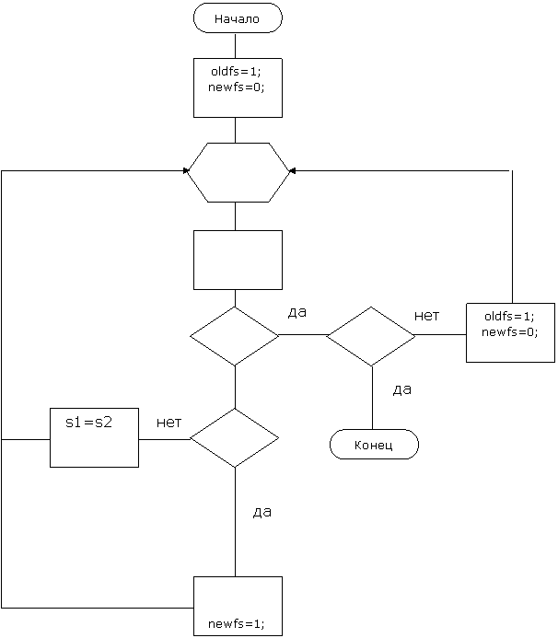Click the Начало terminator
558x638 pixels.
pos(238,18)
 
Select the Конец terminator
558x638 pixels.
pos(374,445)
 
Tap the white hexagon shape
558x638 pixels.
pos(238,172)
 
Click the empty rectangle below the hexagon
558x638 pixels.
pos(238,260)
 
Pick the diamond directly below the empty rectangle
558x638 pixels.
pos(234,336)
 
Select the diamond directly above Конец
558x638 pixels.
pos(371,336)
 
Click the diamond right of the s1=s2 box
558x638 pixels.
pos(234,437)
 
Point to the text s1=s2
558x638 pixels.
pos(88,423)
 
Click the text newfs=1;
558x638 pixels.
pos(237,623)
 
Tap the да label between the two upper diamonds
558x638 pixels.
pos(296,313)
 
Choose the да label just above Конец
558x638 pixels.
pos(401,390)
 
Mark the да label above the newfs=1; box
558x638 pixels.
pos(262,513)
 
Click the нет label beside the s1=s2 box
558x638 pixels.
pos(169,422)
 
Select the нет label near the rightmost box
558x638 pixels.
pos(426,315)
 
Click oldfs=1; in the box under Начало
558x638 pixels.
pos(237,72)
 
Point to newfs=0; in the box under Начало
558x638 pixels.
pos(237,86)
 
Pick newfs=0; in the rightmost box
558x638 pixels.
pos(509,331)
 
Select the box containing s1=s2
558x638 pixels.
pos(94,437)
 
